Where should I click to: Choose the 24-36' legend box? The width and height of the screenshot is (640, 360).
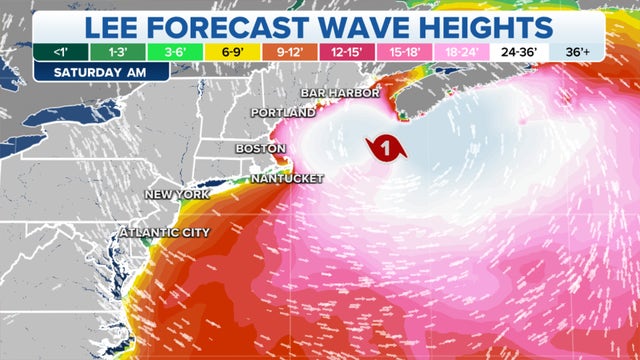click(x=518, y=52)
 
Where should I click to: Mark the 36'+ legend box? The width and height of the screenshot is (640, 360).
click(x=575, y=52)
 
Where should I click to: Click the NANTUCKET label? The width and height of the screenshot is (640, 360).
click(x=288, y=178)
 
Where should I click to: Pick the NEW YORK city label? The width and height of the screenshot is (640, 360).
click(x=176, y=194)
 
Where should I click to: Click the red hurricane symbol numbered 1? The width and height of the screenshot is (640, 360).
click(x=386, y=148)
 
